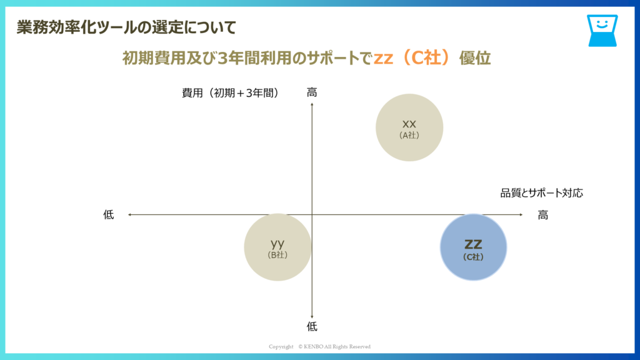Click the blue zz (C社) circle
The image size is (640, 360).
click(474, 247)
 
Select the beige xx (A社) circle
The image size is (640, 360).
click(409, 127)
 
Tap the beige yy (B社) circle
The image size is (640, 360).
click(278, 247)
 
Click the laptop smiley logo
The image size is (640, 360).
click(602, 31)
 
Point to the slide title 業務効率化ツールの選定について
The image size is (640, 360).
click(126, 27)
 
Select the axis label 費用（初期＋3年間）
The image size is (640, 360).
click(231, 93)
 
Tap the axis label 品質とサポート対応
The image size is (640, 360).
click(542, 193)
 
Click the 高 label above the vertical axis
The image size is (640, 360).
click(312, 92)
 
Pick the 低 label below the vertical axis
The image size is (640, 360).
click(312, 326)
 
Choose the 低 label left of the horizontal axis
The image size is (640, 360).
click(109, 215)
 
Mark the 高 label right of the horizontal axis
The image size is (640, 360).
click(543, 215)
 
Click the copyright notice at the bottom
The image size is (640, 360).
click(319, 346)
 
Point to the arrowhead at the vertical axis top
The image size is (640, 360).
click(312, 104)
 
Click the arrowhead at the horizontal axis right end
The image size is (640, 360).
click(521, 215)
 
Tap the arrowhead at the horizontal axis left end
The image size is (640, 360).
click(129, 215)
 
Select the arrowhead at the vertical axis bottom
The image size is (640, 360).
click(312, 317)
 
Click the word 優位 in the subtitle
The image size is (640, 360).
click(475, 58)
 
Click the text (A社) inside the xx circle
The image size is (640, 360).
click(409, 136)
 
